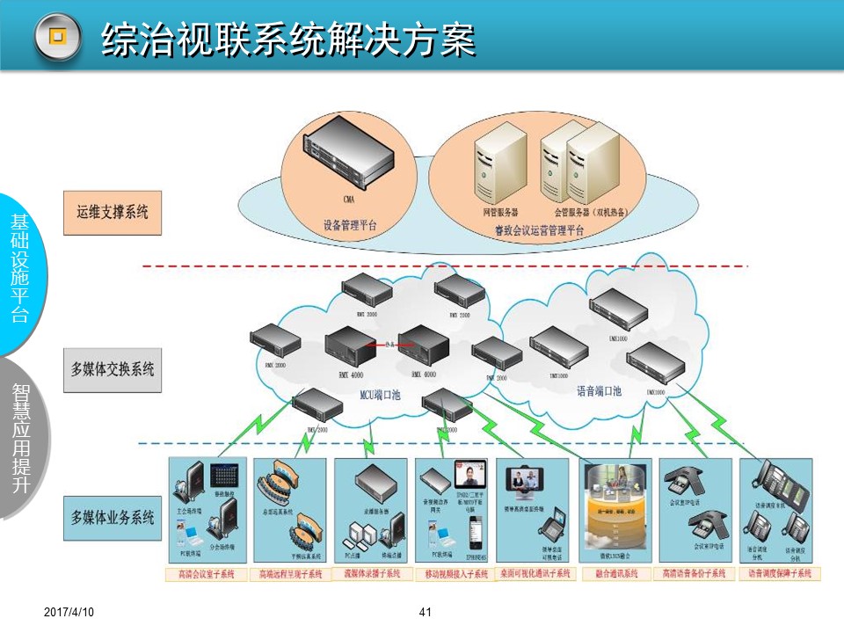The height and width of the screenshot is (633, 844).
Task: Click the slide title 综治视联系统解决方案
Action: point(288,37)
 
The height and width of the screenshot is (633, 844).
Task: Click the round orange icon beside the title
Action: point(57,37)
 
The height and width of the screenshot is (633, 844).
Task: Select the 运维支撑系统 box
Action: point(113,212)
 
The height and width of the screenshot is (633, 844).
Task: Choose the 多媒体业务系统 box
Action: point(113,517)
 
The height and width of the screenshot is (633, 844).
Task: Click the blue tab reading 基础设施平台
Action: point(19,268)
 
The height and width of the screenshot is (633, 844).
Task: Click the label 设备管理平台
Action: point(350,225)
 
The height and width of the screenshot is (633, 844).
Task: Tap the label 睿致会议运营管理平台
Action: point(539,231)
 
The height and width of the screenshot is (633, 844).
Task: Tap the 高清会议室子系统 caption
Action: point(206,574)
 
